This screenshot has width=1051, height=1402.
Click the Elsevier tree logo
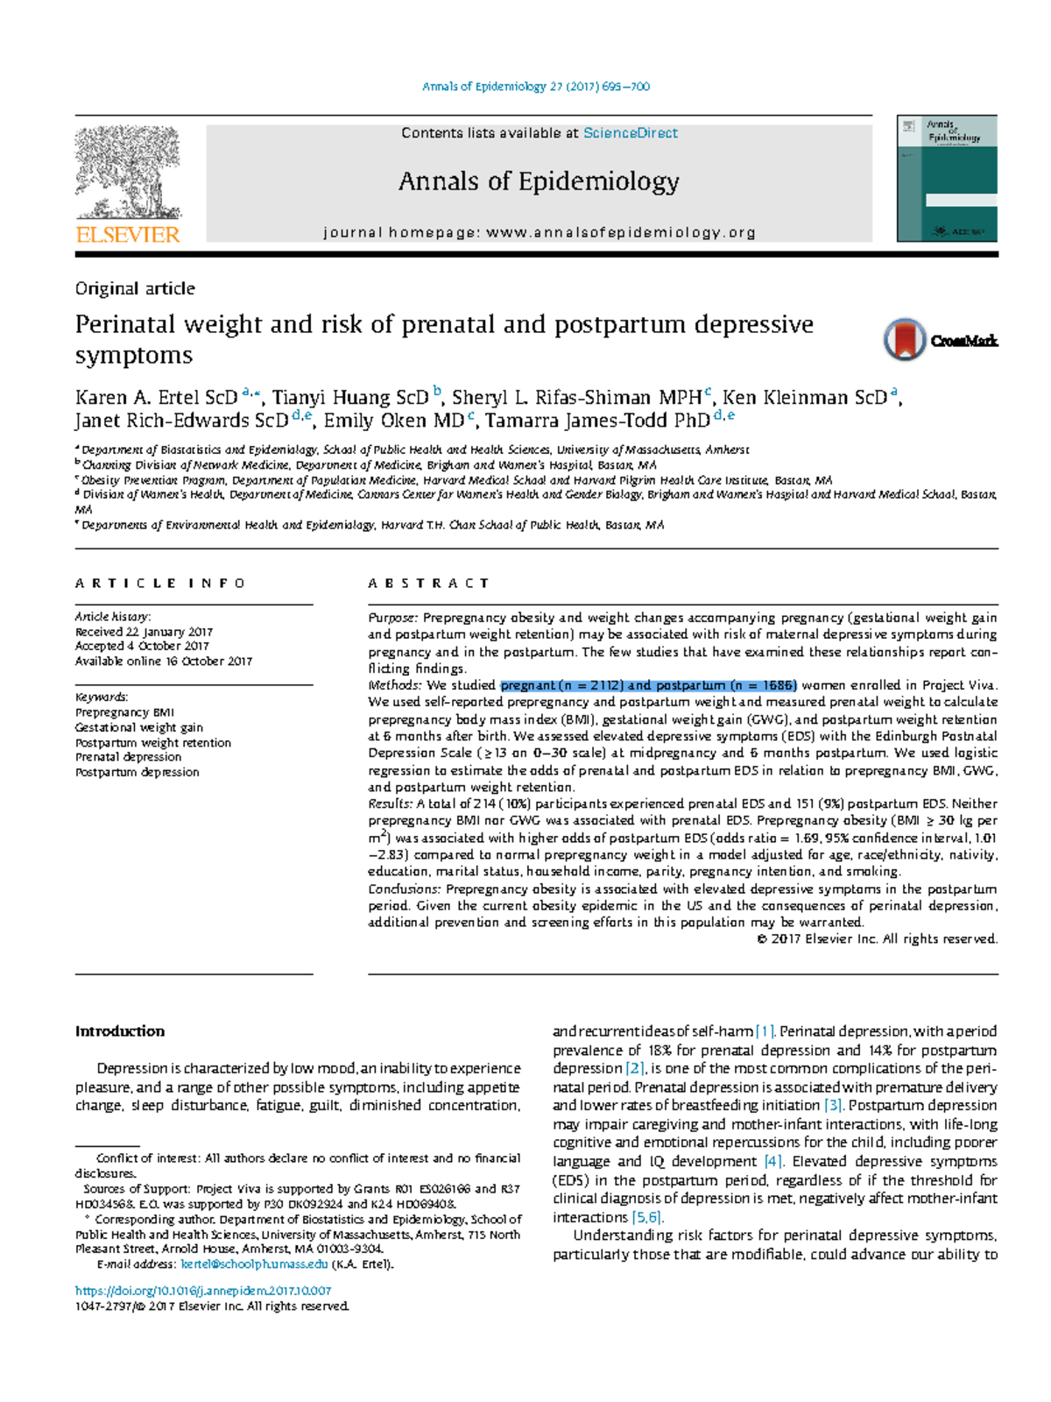coord(128,172)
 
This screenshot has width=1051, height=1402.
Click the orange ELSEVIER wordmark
coord(128,235)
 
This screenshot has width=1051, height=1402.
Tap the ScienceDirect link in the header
coord(630,133)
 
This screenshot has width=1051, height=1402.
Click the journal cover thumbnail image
coord(947,179)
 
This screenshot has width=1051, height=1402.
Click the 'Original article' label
coord(135,288)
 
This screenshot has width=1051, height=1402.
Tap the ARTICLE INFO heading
coord(160,583)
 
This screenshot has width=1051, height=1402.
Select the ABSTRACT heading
coord(428,583)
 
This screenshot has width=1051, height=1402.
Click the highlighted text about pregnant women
coord(648,685)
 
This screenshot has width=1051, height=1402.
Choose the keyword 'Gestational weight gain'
coord(139,727)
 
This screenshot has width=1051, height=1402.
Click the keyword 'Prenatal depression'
coord(129,757)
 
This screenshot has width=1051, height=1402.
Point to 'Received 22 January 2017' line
coord(144,632)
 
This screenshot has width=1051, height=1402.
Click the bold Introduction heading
coord(120,1031)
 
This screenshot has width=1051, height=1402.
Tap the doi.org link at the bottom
coord(203,1291)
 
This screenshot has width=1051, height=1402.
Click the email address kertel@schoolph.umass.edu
coord(254,1264)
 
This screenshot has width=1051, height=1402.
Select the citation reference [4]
coord(772,1162)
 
